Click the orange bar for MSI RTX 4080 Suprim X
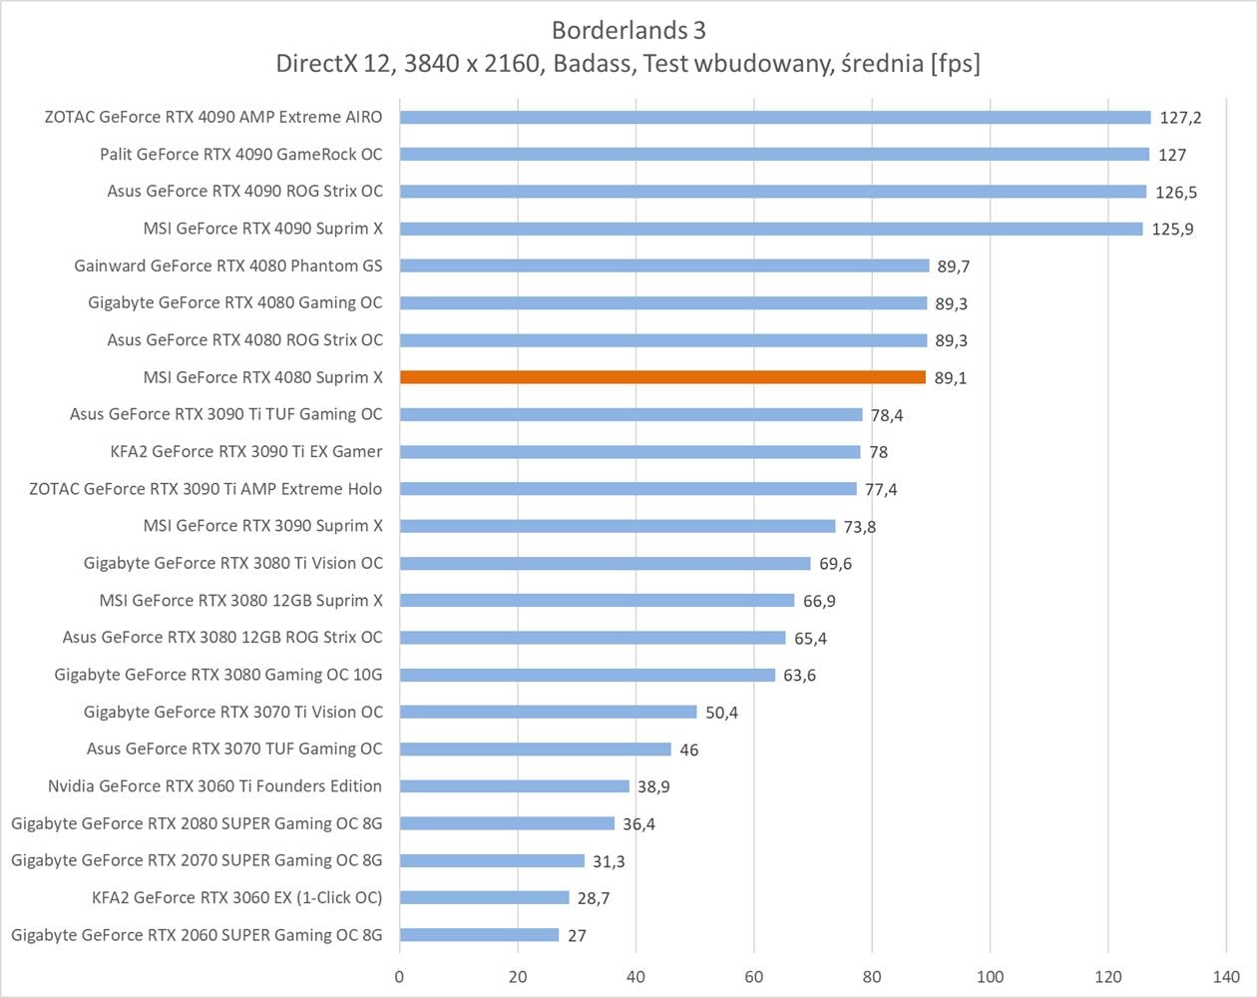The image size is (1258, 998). coord(662,377)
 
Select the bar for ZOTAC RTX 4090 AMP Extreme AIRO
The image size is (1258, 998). coord(775,117)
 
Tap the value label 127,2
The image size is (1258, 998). coord(1180,118)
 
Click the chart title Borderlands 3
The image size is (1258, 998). coord(629,30)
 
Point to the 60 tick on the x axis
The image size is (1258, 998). coord(754,976)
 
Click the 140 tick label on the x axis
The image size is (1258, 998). coord(1226,976)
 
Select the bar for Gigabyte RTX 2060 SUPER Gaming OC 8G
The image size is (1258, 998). coord(479,935)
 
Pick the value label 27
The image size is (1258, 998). coord(577,936)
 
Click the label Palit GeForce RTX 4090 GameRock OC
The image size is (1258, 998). coord(240,154)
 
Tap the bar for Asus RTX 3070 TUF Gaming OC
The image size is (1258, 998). coord(536,748)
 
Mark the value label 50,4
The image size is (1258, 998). coord(721,713)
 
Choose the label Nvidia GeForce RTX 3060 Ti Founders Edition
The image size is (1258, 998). coord(214,786)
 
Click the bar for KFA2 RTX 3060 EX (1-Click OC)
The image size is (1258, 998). coord(484,897)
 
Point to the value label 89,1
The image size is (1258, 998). coord(951,378)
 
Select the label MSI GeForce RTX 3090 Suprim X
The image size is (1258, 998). coord(262,526)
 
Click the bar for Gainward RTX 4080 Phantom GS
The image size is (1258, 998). coord(664,265)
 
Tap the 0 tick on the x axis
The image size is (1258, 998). coord(399,976)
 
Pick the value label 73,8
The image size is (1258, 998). coord(860,527)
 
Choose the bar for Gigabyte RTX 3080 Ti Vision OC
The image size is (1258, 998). coord(605,563)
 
